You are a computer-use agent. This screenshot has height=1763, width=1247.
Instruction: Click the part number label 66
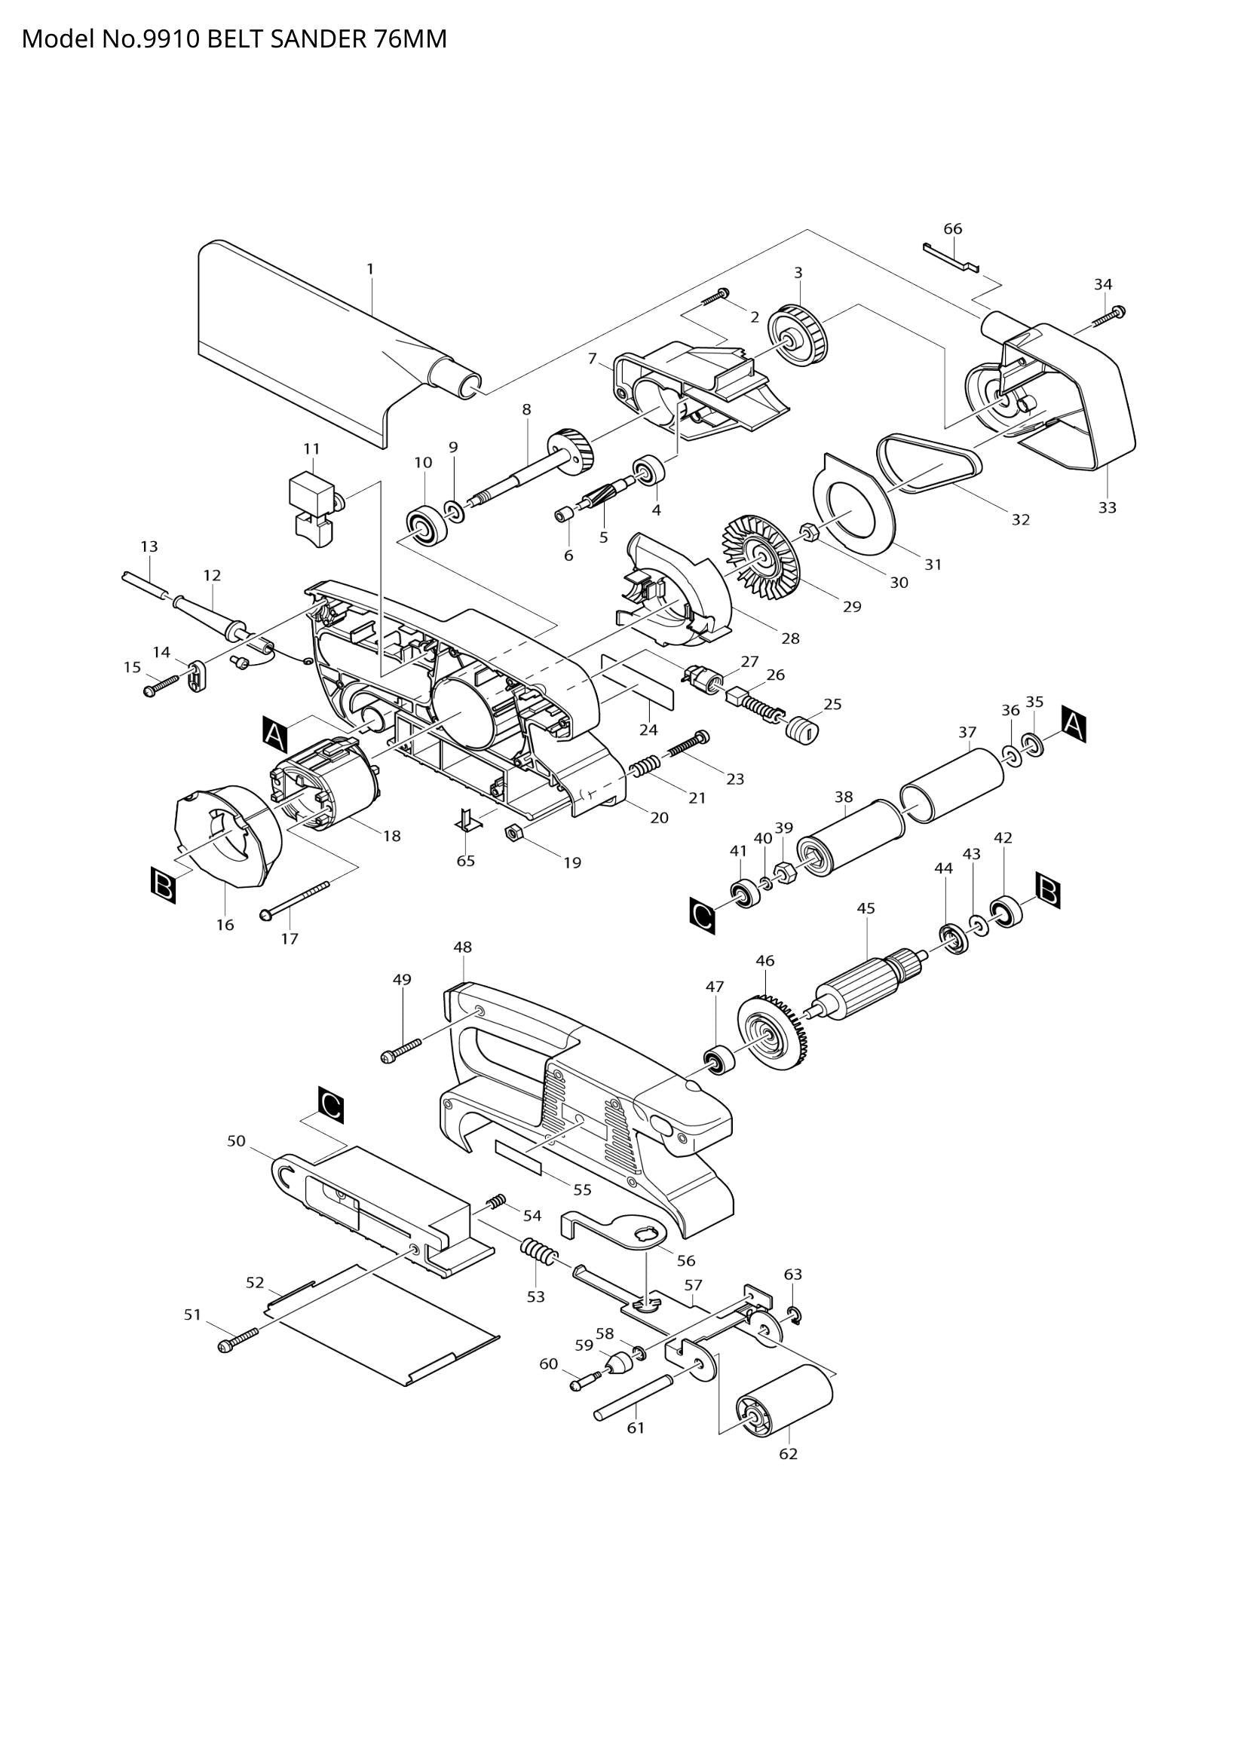952,229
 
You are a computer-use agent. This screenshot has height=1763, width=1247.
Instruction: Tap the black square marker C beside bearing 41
703,915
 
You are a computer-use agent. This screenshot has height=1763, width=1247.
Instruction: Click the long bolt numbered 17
296,899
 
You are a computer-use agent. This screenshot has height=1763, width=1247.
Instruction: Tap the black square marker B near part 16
163,886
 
